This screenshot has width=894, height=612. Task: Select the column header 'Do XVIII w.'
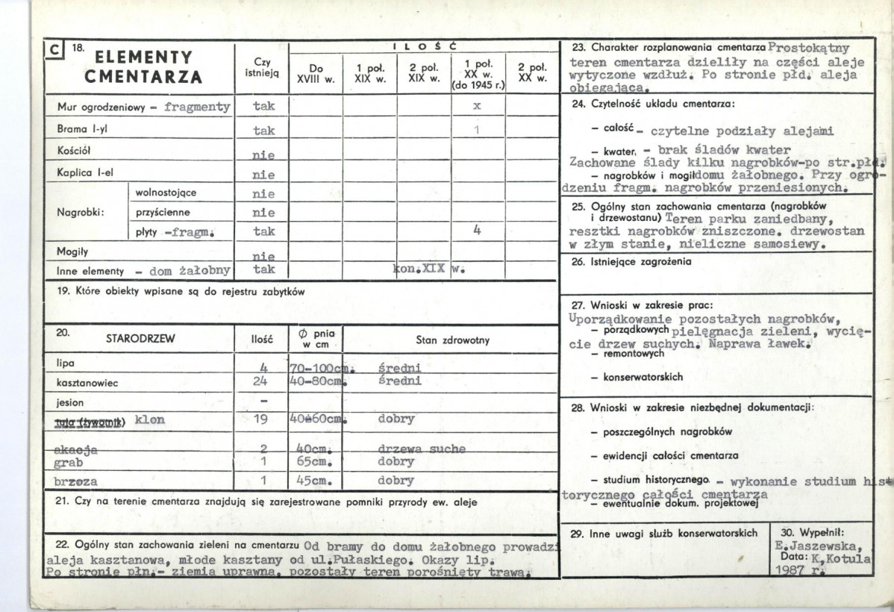tap(315, 73)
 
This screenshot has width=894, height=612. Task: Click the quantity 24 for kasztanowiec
tap(260, 381)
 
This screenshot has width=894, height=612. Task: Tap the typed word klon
tap(150, 419)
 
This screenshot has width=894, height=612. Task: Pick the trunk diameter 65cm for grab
tap(310, 463)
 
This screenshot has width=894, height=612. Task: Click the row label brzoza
tap(77, 481)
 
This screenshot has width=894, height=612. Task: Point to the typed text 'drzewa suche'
tap(421, 449)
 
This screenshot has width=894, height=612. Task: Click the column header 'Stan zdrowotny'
tap(452, 340)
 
